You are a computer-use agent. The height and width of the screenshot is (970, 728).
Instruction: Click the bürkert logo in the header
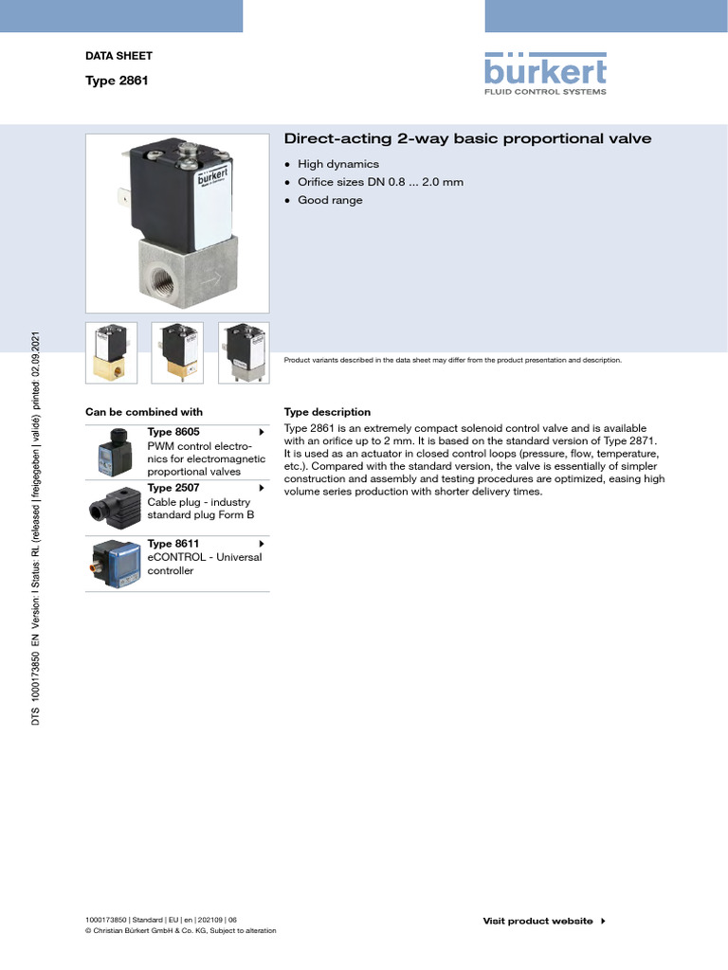pyautogui.click(x=545, y=73)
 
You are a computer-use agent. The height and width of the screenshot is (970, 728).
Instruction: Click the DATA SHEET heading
pyautogui.click(x=118, y=57)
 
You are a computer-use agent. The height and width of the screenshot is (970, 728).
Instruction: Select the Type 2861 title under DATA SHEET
pyautogui.click(x=117, y=81)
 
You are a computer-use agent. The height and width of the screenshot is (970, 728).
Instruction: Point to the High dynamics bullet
pyautogui.click(x=338, y=164)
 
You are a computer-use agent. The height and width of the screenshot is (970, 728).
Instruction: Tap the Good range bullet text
pyautogui.click(x=330, y=200)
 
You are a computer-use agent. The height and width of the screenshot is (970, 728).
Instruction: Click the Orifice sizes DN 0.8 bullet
pyautogui.click(x=380, y=182)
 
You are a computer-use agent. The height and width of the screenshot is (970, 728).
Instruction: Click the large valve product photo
pyautogui.click(x=177, y=224)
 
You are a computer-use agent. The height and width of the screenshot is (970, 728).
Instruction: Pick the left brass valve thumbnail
pyautogui.click(x=111, y=353)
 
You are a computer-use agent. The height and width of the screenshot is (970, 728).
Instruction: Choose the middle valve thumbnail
pyautogui.click(x=177, y=353)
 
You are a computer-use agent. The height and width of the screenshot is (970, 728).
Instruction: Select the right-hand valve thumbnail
pyautogui.click(x=244, y=353)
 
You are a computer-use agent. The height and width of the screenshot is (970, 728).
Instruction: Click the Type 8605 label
pyautogui.click(x=173, y=432)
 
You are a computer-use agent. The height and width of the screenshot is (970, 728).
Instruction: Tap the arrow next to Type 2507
pyautogui.click(x=261, y=488)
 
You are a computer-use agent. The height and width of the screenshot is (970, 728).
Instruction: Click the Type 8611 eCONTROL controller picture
pyautogui.click(x=115, y=564)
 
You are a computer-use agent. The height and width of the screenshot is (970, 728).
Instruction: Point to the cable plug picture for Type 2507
pyautogui.click(x=115, y=508)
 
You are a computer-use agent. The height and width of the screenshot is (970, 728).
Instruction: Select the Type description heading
pyautogui.click(x=327, y=412)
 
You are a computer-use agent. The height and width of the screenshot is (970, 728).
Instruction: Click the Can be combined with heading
pyautogui.click(x=144, y=412)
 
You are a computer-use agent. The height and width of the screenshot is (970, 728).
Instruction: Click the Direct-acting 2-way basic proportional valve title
pyautogui.click(x=468, y=138)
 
